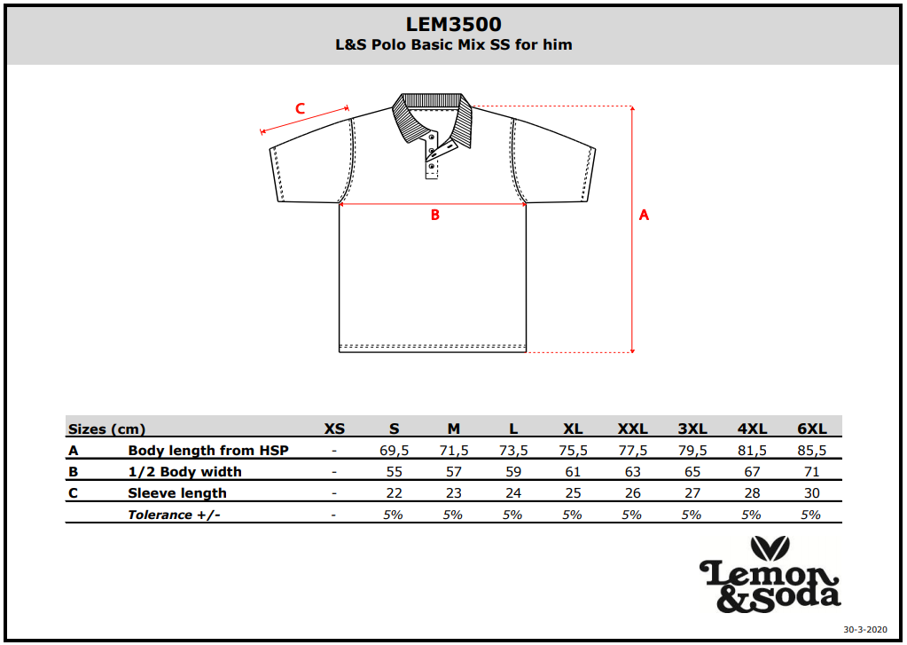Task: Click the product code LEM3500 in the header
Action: pyautogui.click(x=454, y=24)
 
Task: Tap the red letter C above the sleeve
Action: pyautogui.click(x=301, y=108)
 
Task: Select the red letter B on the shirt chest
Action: pyautogui.click(x=435, y=216)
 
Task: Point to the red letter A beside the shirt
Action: pyautogui.click(x=644, y=216)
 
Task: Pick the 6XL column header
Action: pyautogui.click(x=811, y=429)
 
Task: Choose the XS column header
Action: pyautogui.click(x=334, y=429)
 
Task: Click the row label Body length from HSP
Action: pyautogui.click(x=208, y=451)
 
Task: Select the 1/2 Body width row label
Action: pyautogui.click(x=184, y=472)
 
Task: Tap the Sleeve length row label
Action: pyautogui.click(x=177, y=493)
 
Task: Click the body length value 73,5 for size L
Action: pyautogui.click(x=513, y=451)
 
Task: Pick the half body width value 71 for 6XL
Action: pyautogui.click(x=811, y=472)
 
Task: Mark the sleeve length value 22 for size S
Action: pyautogui.click(x=394, y=493)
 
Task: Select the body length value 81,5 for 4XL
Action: pyautogui.click(x=752, y=451)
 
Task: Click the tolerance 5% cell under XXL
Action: pyautogui.click(x=631, y=515)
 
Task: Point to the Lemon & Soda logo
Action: pyautogui.click(x=770, y=574)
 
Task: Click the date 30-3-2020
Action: pyautogui.click(x=864, y=629)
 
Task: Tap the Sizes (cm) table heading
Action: pyautogui.click(x=106, y=429)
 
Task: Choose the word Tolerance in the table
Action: pyautogui.click(x=160, y=515)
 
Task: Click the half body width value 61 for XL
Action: pyautogui.click(x=573, y=472)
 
